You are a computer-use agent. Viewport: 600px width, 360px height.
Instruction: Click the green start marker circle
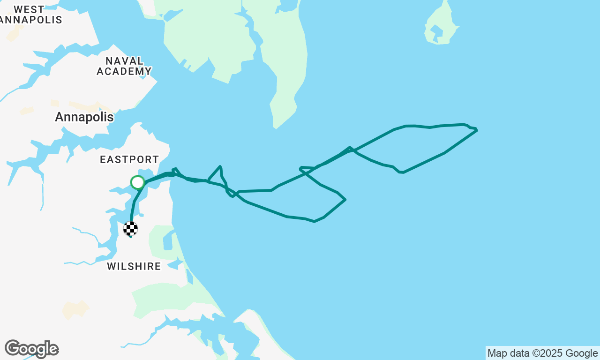point(137,182)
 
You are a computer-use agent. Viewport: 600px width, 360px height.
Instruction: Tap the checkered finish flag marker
point(130,229)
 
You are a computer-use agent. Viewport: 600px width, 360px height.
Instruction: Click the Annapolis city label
point(84,117)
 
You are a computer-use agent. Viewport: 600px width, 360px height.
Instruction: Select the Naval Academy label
point(124,66)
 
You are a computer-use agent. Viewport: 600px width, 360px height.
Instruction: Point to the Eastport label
point(129,160)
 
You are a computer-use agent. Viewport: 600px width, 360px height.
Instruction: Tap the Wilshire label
point(134,267)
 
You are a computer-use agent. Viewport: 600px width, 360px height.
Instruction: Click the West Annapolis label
point(30,15)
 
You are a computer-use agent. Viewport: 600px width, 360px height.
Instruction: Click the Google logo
point(31,349)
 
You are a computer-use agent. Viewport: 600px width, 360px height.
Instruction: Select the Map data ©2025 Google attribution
point(542,353)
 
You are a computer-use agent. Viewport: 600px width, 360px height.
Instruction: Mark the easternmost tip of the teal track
point(477,130)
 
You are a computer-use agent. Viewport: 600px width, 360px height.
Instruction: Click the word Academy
point(124,71)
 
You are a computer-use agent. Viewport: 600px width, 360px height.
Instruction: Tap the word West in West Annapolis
point(29,9)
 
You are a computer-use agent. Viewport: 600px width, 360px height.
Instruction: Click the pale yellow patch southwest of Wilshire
point(75,309)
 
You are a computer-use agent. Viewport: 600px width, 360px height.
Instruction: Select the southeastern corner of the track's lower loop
point(345,200)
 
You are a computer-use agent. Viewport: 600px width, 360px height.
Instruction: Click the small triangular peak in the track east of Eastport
point(219,166)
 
